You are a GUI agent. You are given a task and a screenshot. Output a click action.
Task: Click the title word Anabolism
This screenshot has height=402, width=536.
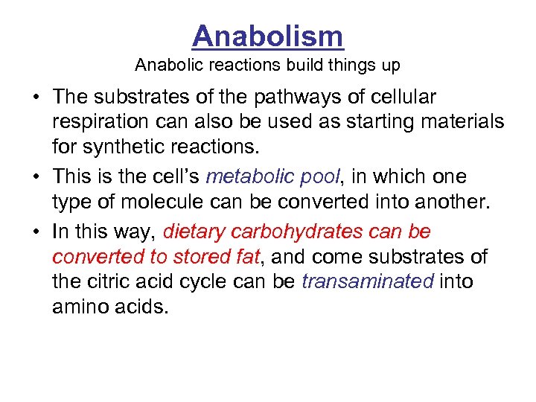268,36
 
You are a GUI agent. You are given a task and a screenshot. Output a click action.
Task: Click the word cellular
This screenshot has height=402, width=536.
399,98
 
